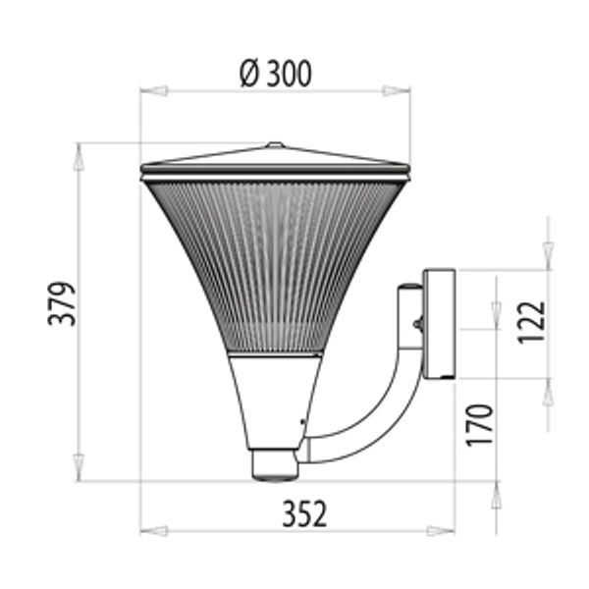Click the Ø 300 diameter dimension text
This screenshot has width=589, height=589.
(276, 74)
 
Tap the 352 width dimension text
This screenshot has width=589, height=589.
(304, 513)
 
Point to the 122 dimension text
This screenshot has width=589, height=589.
(531, 322)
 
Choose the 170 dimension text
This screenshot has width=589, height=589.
(479, 424)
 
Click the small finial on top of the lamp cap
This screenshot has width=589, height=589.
(275, 145)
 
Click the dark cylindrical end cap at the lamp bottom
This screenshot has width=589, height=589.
(274, 464)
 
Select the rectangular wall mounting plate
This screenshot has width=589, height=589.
(439, 324)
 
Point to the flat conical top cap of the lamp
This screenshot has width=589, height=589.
(275, 159)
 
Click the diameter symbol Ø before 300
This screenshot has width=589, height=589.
(249, 74)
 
